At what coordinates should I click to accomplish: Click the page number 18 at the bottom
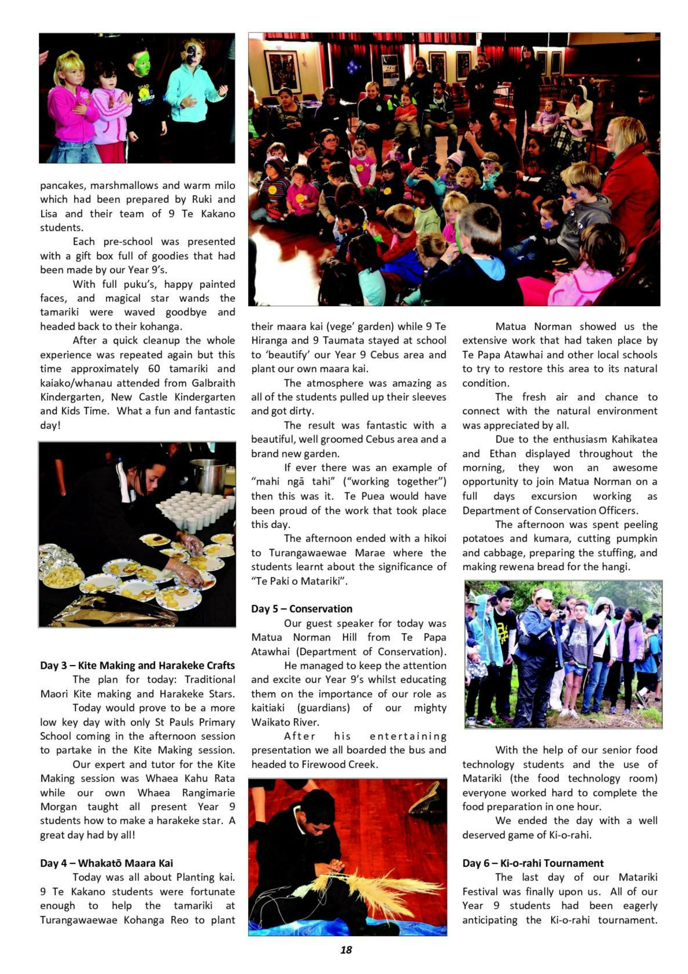[346, 950]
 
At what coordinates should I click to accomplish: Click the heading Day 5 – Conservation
[301, 609]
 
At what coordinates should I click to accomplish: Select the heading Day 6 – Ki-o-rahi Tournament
[533, 863]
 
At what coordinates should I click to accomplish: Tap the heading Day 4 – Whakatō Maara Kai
[107, 863]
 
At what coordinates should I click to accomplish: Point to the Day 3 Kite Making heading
[137, 666]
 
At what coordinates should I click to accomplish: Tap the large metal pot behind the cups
[208, 476]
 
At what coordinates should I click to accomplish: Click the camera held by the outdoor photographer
[560, 615]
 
